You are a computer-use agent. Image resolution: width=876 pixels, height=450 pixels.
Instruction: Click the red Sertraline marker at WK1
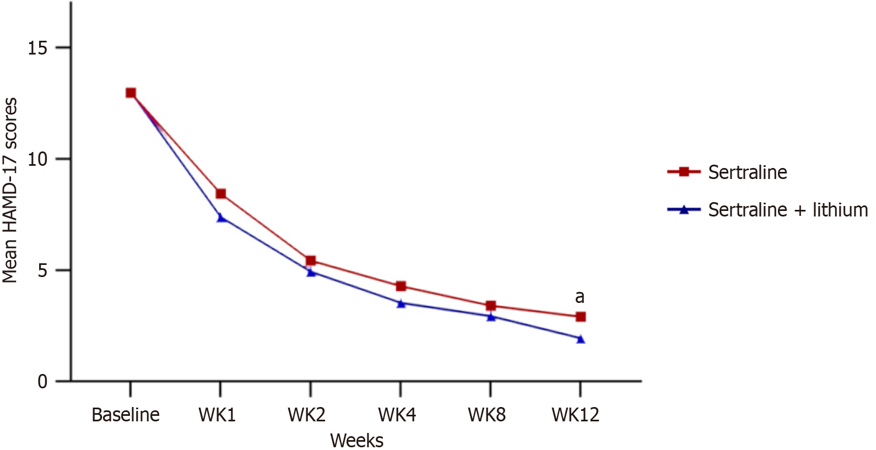pos(220,194)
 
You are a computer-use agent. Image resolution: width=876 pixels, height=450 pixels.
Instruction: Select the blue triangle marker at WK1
pos(220,218)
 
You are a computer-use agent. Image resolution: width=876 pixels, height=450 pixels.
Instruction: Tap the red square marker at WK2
pos(311,261)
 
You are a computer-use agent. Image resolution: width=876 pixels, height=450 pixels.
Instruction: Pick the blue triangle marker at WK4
pos(401,303)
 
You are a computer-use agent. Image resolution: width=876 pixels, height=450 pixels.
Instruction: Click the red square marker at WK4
pos(401,286)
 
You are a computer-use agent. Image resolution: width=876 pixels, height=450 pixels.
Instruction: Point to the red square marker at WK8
pos(490,306)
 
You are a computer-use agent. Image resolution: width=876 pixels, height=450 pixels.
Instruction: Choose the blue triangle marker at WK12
pos(580,339)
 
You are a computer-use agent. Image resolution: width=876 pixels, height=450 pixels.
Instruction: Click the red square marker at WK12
pos(580,317)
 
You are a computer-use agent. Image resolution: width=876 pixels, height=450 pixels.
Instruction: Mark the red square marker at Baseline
pos(131,93)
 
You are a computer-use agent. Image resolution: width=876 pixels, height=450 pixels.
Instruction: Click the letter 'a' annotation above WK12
pos(580,297)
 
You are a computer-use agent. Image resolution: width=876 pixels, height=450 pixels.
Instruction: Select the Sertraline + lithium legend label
pos(788,210)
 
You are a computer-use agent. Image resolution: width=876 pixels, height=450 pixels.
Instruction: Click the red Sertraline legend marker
pos(684,172)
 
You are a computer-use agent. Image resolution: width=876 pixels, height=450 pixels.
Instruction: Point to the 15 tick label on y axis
pos(37,48)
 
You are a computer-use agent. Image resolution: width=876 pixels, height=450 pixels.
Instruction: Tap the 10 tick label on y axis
pos(37,159)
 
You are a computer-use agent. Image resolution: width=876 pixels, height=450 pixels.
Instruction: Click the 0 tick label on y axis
pos(42,382)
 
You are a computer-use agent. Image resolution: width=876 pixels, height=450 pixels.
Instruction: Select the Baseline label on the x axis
pos(126,415)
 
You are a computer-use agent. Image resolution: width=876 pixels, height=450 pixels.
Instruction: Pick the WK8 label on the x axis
pos(486,415)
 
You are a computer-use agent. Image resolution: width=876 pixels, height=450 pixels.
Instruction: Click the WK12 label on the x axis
pos(575,415)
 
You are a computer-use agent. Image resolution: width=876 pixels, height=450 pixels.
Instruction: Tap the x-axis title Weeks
pos(356,441)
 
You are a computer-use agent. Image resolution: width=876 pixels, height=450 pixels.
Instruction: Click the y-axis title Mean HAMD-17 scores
pos(10,190)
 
